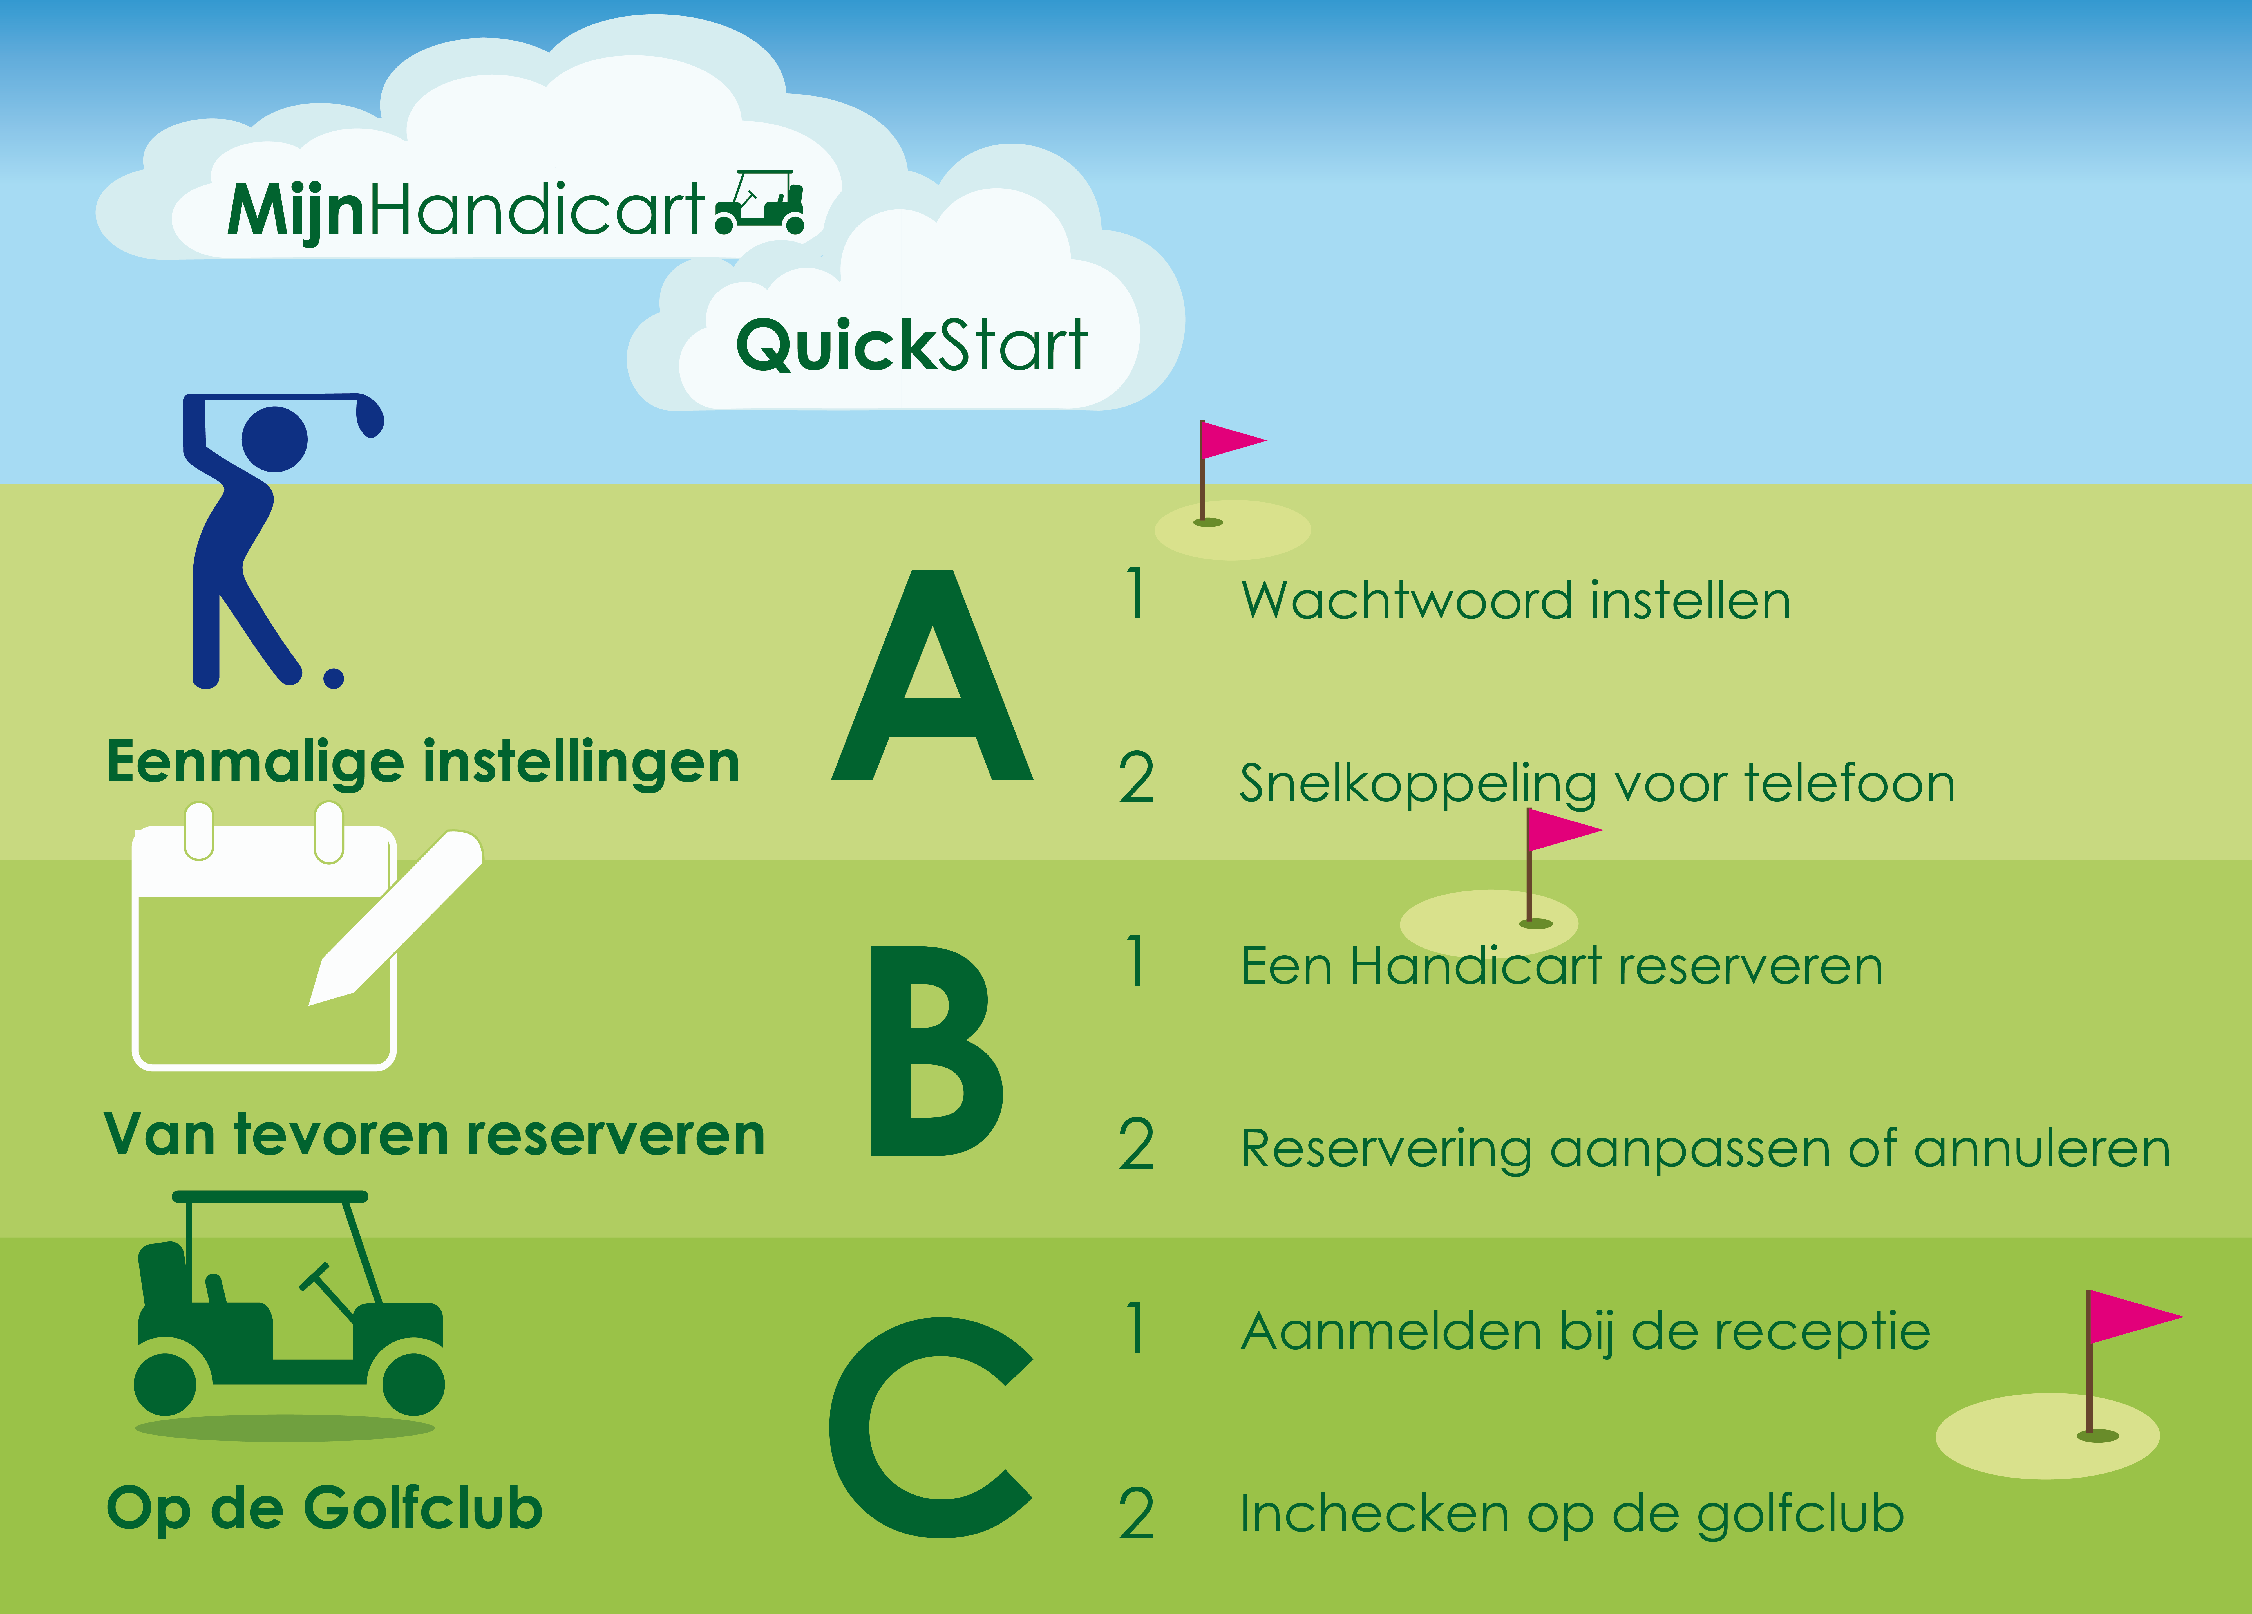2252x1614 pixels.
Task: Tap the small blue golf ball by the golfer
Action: pyautogui.click(x=334, y=678)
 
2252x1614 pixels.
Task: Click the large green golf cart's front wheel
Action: pyautogui.click(x=413, y=1384)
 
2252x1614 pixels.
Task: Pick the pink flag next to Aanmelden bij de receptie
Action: pyautogui.click(x=2133, y=1317)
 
